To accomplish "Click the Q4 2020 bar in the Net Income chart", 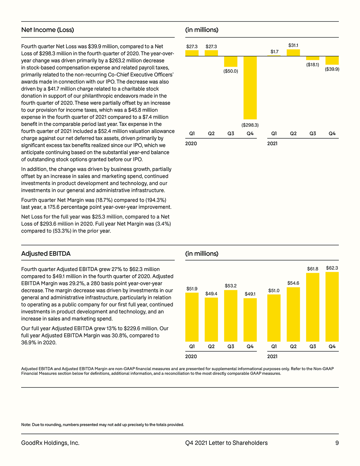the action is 250,88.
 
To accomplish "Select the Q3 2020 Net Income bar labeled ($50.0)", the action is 231,61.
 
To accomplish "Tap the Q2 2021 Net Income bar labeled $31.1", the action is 293,53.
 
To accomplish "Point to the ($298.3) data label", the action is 250,125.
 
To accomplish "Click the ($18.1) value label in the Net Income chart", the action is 313,65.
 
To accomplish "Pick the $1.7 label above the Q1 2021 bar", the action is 274,52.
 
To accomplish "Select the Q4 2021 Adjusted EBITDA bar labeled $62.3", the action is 332,307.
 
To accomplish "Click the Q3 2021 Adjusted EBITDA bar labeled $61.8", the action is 313,307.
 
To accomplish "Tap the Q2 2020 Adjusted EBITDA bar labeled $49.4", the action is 211,320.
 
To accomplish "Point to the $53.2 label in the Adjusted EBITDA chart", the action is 231,286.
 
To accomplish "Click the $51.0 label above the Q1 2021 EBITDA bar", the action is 274,291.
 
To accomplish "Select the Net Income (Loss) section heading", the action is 47,30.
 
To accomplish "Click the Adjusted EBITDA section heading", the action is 46,253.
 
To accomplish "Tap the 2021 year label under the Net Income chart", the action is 272,143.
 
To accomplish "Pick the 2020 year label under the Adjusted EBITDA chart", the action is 191,356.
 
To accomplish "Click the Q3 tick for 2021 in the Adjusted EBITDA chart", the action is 313,346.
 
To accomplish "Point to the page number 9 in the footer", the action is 337,443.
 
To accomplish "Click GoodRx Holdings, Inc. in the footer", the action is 51,443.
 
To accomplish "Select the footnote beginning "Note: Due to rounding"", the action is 103,425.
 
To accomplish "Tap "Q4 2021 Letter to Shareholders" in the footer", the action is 227,443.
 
